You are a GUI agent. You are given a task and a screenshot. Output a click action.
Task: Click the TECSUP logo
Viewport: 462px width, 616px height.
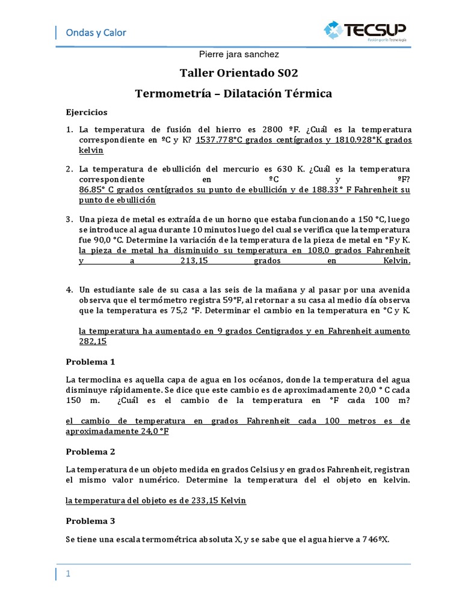click(x=365, y=31)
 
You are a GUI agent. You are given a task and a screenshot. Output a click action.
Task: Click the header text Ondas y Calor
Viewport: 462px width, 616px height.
click(x=96, y=32)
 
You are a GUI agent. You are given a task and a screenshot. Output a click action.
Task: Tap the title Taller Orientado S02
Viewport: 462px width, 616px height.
click(x=239, y=73)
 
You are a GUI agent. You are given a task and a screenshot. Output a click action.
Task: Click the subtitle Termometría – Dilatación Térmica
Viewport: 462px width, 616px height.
click(x=233, y=94)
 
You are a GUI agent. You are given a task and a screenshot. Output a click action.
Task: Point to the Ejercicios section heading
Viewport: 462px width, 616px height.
click(x=86, y=112)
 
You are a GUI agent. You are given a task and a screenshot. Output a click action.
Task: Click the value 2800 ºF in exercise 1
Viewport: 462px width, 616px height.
click(x=282, y=129)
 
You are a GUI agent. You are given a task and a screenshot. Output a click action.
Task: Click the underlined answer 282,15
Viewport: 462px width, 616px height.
click(x=93, y=341)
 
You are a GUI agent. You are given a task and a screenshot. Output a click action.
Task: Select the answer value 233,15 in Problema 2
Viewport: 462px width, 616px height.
click(x=208, y=500)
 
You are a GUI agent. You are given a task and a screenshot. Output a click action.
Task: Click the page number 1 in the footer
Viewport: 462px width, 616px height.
click(x=69, y=574)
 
